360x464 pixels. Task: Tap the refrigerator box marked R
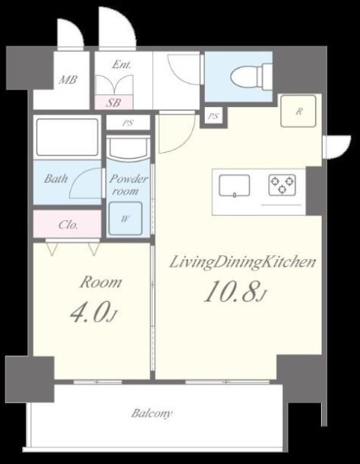click(x=298, y=112)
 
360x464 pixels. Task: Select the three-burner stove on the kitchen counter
click(x=282, y=185)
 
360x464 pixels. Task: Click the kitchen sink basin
click(x=235, y=186)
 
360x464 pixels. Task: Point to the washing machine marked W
click(x=125, y=219)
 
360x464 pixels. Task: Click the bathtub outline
click(x=66, y=137)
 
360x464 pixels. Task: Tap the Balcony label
click(x=152, y=413)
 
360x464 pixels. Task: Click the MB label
click(x=68, y=79)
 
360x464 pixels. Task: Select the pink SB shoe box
click(x=114, y=102)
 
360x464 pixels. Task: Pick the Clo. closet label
click(x=68, y=226)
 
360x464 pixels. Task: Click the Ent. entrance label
click(x=122, y=64)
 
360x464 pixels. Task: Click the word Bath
click(x=56, y=178)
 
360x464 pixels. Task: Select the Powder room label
click(x=128, y=185)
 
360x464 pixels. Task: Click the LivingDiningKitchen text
click(x=242, y=262)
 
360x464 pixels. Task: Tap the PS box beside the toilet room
click(x=213, y=116)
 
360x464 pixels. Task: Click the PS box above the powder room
click(x=128, y=122)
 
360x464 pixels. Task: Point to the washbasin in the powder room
click(x=128, y=148)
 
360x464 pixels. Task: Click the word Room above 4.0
click(x=101, y=282)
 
